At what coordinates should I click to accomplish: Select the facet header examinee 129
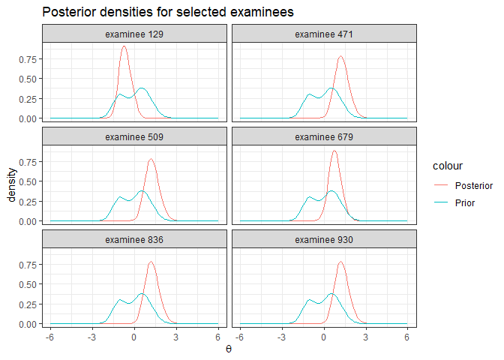[134, 34]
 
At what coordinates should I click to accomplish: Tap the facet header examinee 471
[324, 34]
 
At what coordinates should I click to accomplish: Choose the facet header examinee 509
[134, 137]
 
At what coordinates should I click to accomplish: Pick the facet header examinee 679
[324, 137]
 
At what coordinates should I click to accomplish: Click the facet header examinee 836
[134, 240]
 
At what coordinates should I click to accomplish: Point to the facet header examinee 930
[324, 240]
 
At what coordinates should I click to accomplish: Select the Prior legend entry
[465, 202]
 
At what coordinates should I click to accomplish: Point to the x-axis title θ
[229, 349]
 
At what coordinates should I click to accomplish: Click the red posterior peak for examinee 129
[124, 46]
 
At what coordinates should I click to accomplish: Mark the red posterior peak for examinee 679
[334, 151]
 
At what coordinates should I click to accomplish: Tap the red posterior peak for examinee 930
[341, 262]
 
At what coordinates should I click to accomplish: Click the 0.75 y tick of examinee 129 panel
[28, 58]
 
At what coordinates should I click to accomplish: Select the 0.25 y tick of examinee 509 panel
[28, 201]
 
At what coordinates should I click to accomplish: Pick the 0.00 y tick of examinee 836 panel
[28, 324]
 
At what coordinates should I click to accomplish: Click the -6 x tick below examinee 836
[49, 337]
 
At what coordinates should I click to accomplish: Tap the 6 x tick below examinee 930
[407, 337]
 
